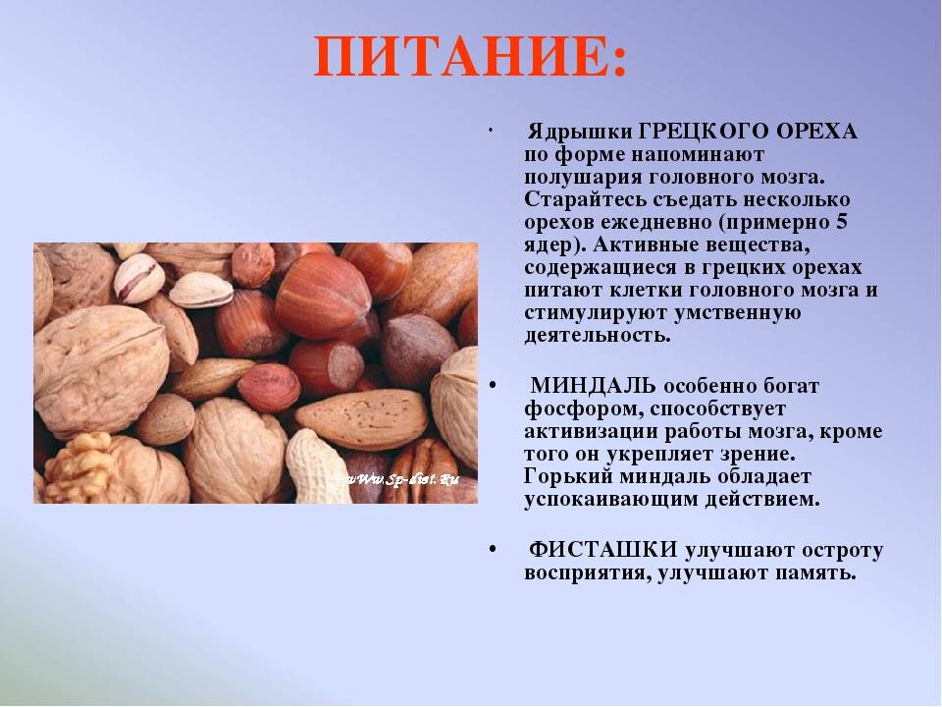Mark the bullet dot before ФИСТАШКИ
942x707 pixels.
[x=491, y=548]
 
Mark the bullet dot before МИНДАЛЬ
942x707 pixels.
[x=491, y=384]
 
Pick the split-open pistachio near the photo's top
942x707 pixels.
[x=137, y=277]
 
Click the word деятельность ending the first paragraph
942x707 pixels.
[x=597, y=335]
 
